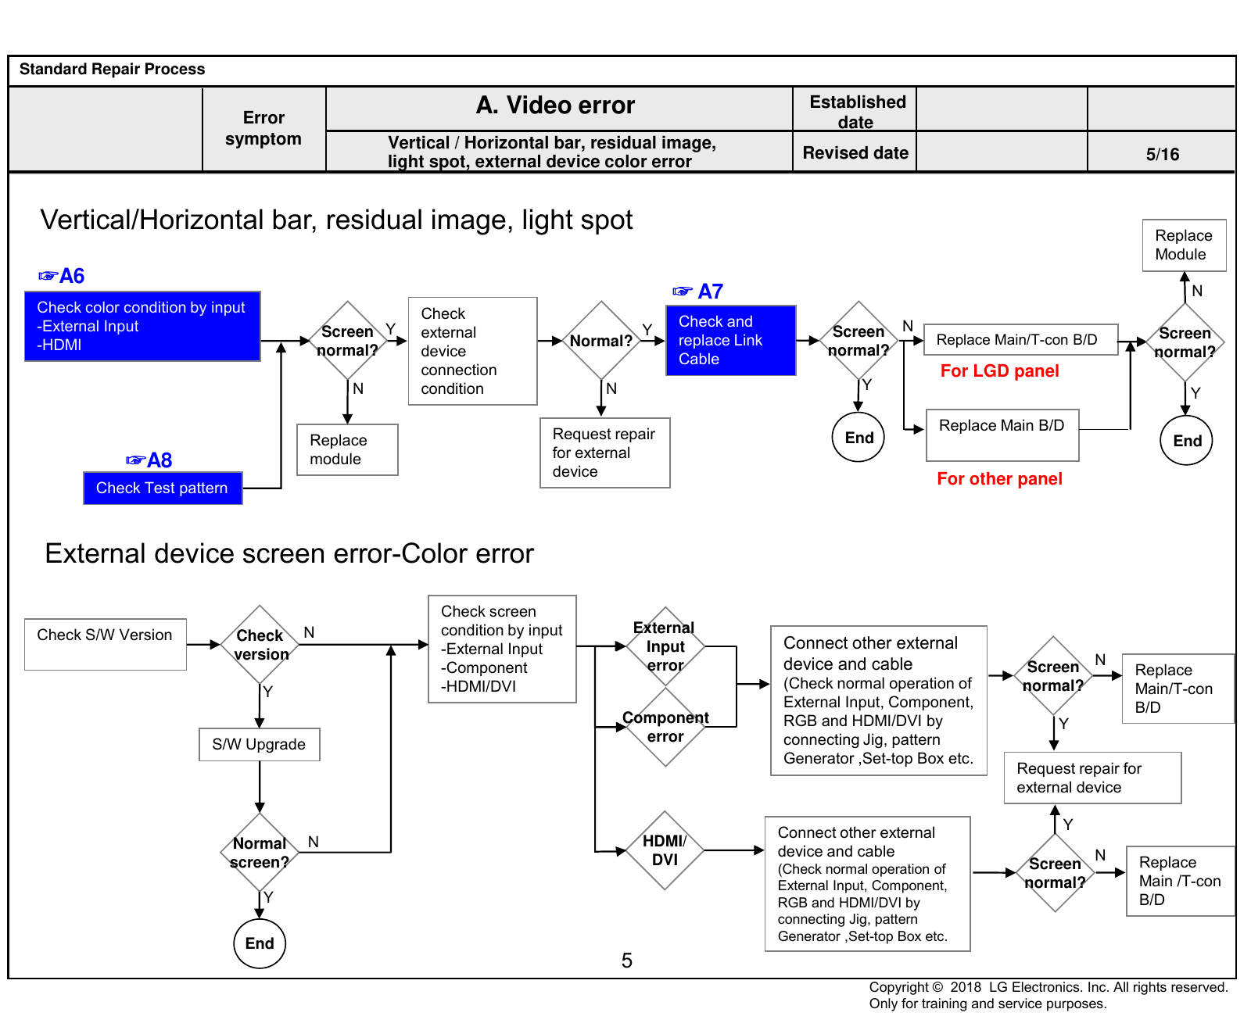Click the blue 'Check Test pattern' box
pos(163,488)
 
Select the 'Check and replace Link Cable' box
pos(730,340)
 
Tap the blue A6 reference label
pos(62,276)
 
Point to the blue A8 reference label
pos(149,460)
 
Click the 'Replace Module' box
pos(1184,245)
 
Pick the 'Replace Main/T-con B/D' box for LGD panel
pos(1020,340)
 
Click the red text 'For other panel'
pos(999,478)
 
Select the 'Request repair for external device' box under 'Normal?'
pos(604,453)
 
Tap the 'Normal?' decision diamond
pos(601,341)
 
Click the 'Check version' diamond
pos(260,645)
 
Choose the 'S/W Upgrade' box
pos(260,744)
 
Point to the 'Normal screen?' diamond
pos(260,853)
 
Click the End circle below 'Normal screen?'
pos(260,943)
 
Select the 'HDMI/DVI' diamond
pos(665,850)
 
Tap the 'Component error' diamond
pos(665,727)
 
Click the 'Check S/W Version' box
pos(106,644)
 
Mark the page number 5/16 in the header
pos(1163,154)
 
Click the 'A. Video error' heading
pos(555,105)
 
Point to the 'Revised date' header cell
pos(855,152)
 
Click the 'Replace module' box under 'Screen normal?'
pos(347,449)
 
